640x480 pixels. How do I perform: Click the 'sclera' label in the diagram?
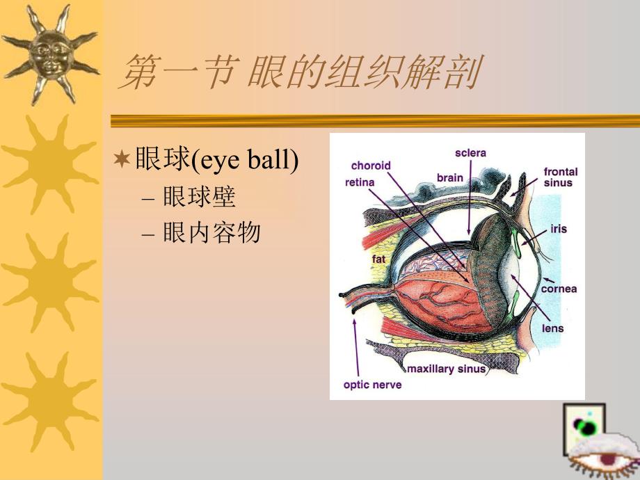pyautogui.click(x=470, y=152)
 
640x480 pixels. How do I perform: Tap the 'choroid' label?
pyautogui.click(x=371, y=166)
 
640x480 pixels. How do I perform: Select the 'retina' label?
pyautogui.click(x=360, y=182)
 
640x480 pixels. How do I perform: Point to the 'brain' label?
pyautogui.click(x=449, y=177)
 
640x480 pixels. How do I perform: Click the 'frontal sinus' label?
pyautogui.click(x=560, y=177)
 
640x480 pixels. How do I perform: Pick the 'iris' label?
pyautogui.click(x=558, y=228)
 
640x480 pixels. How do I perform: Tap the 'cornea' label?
pyautogui.click(x=559, y=288)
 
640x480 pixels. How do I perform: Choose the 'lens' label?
pyautogui.click(x=553, y=327)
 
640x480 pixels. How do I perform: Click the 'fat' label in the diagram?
pyautogui.click(x=378, y=259)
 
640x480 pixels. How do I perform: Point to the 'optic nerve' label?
pyautogui.click(x=372, y=384)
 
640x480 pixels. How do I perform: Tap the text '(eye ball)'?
pyautogui.click(x=245, y=161)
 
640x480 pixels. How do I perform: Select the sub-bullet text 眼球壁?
pyautogui.click(x=199, y=198)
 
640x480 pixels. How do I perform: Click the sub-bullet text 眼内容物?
pyautogui.click(x=211, y=234)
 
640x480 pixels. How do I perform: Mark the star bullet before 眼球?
pyautogui.click(x=122, y=161)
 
